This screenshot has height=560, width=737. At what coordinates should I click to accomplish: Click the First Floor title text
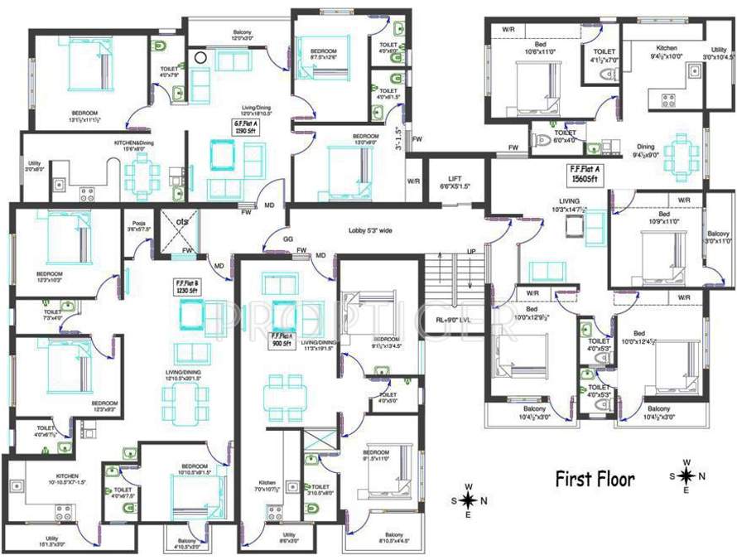point(595,479)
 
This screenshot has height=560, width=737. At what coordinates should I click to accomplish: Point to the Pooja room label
point(136,227)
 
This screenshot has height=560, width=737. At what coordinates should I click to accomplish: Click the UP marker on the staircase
point(471,252)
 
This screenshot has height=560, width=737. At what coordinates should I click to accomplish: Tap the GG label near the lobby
point(287,238)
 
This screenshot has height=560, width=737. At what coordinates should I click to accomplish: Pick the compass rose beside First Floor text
point(686,476)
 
